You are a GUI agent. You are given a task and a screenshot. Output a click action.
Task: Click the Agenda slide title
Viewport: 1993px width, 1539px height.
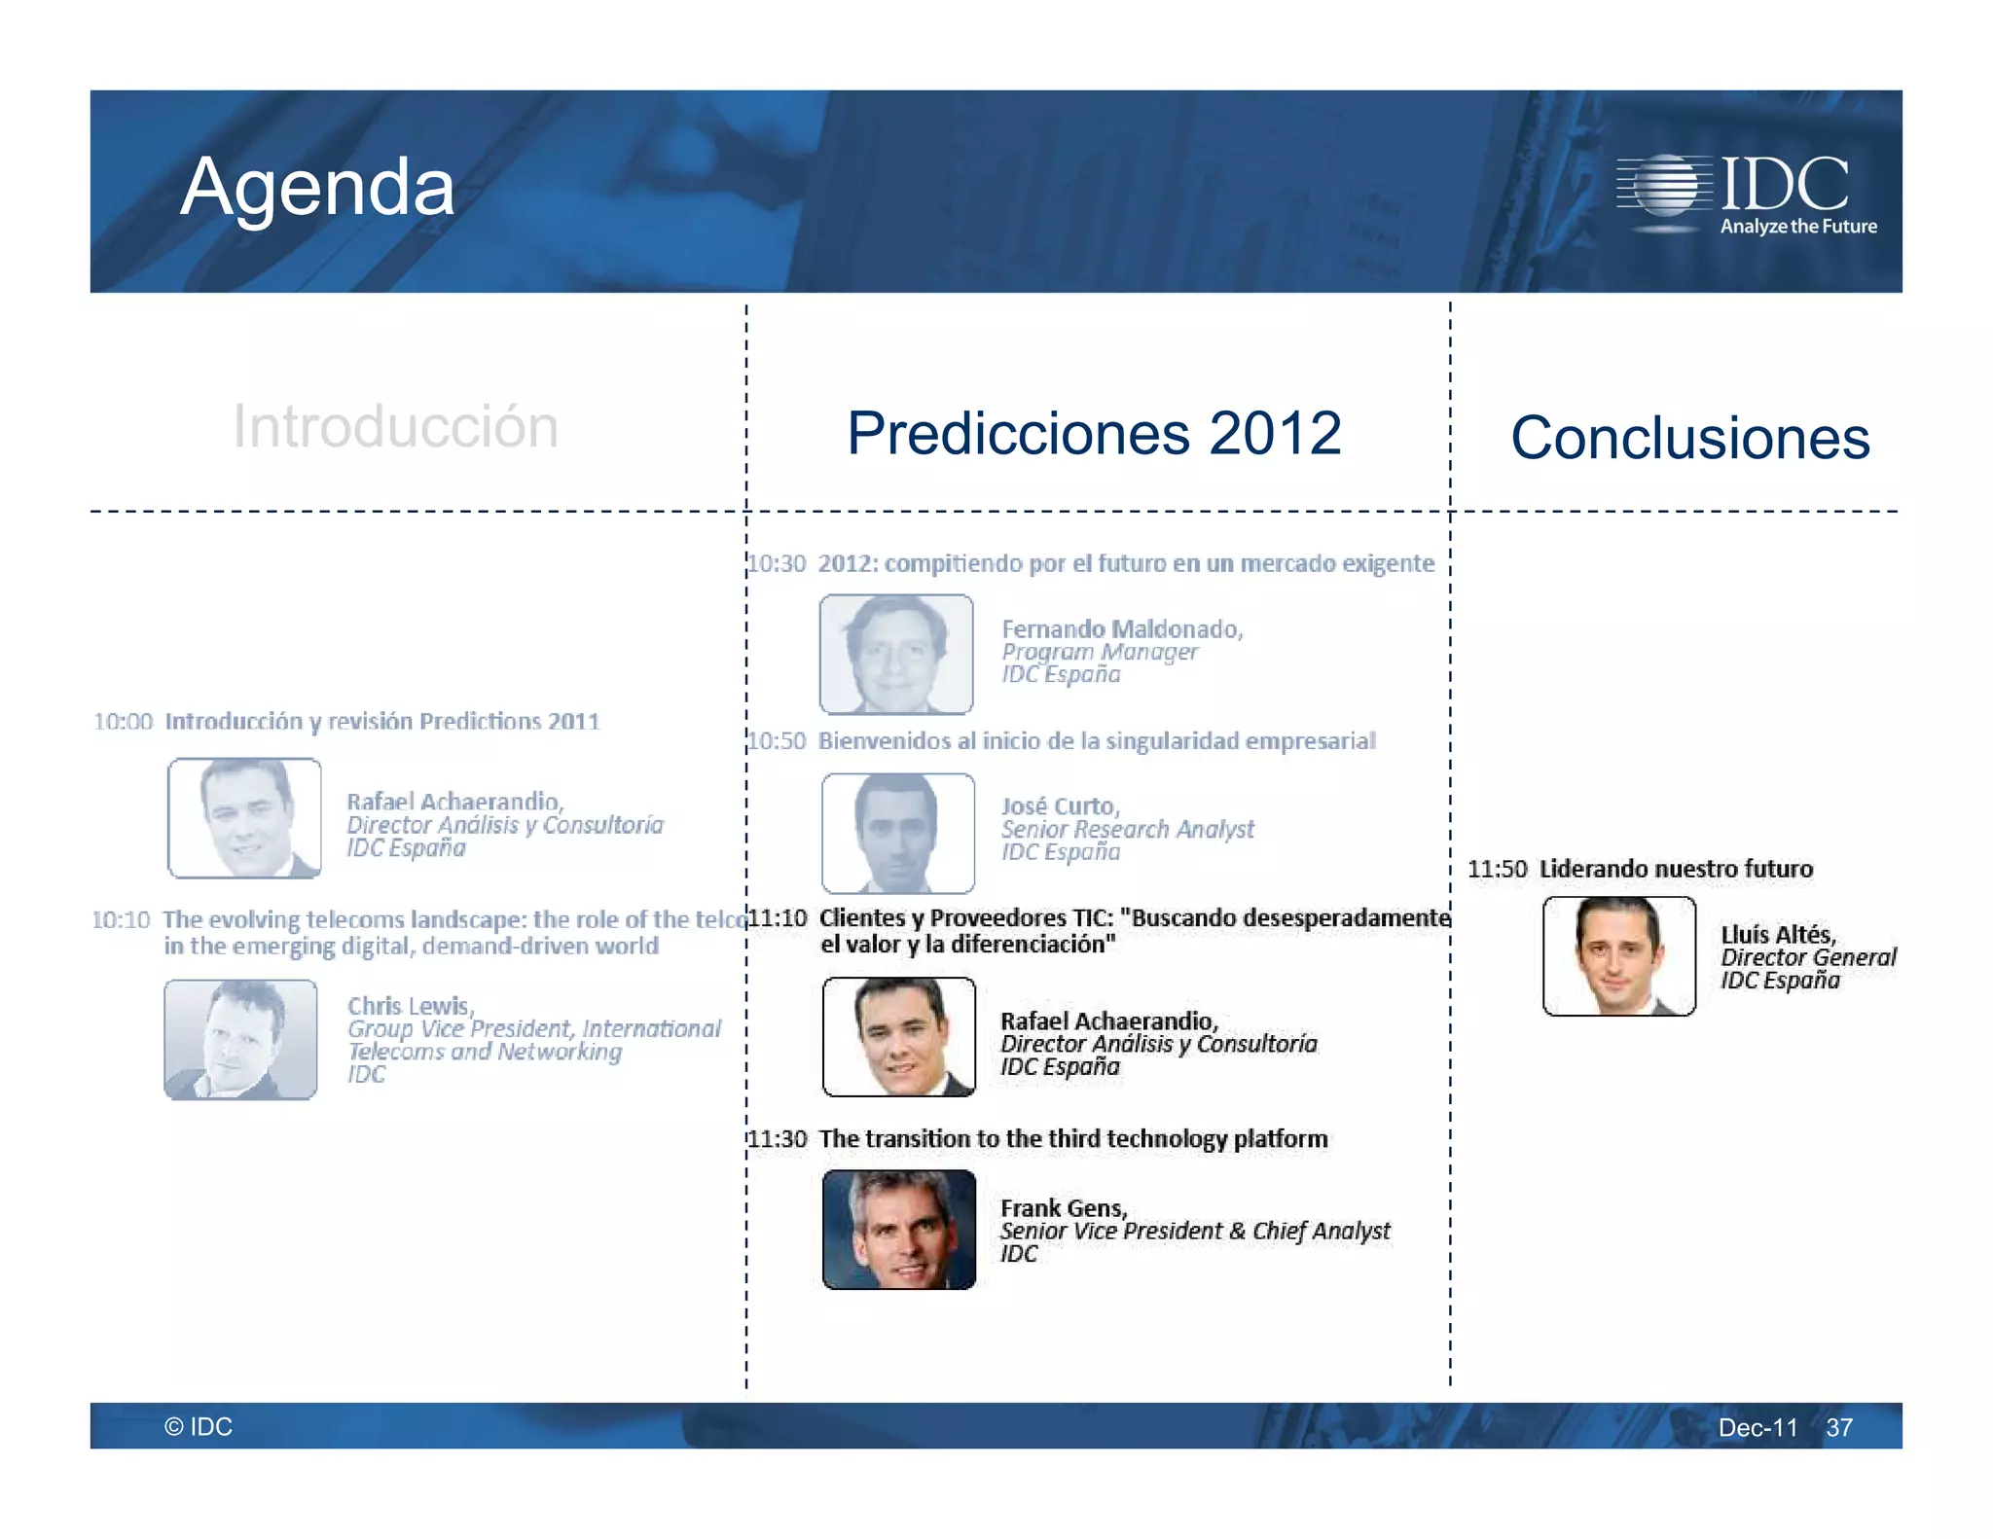[x=317, y=187]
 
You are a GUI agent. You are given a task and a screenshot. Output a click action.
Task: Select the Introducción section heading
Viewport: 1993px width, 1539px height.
[x=395, y=426]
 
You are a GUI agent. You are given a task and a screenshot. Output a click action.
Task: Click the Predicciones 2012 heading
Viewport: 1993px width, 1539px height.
[x=1094, y=433]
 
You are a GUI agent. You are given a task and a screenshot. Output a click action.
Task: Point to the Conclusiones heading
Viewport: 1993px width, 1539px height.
[x=1689, y=438]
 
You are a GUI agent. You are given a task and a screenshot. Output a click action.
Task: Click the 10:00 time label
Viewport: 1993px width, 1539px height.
[x=124, y=721]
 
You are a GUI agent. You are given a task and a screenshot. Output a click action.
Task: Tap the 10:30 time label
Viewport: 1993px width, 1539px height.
[x=778, y=563]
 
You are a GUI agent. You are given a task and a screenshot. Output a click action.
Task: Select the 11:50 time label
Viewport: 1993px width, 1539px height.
[x=1497, y=869]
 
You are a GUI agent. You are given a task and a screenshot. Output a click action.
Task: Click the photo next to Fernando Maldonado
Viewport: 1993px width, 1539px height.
[x=896, y=654]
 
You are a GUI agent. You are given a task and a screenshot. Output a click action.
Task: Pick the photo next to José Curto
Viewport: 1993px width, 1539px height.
[x=898, y=833]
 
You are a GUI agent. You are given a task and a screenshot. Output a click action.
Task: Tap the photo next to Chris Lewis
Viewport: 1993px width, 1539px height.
[x=240, y=1039]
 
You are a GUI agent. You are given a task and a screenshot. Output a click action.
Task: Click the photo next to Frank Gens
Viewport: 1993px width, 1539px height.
[x=899, y=1230]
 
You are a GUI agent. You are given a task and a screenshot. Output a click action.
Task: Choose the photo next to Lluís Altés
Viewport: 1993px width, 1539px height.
[x=1619, y=956]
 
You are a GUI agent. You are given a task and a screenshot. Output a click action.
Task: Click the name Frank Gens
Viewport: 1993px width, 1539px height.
[x=1063, y=1208]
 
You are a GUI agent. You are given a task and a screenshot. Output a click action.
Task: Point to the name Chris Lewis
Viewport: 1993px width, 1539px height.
[x=410, y=1006]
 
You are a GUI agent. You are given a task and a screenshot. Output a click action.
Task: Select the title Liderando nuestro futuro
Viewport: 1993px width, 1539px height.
[x=1676, y=869]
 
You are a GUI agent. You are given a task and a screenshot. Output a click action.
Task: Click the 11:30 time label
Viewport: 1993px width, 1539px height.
[x=779, y=1139]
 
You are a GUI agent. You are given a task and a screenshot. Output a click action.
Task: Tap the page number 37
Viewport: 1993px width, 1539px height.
[x=1838, y=1427]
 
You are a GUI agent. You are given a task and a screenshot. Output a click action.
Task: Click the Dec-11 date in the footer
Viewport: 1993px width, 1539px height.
[x=1757, y=1427]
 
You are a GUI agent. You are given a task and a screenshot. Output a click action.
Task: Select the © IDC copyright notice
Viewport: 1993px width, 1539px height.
[x=199, y=1426]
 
